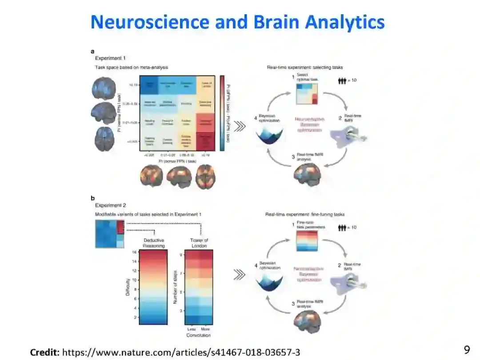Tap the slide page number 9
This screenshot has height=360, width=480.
point(467,350)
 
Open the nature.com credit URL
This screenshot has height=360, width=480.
point(181,352)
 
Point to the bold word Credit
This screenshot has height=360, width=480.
point(44,352)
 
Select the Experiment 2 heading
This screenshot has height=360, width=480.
point(111,205)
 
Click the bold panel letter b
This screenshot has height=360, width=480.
point(92,198)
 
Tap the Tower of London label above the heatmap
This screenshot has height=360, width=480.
point(199,243)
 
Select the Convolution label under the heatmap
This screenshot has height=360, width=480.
point(199,335)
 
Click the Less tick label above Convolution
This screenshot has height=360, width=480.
point(191,329)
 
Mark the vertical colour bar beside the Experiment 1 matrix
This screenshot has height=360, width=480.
point(222,113)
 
